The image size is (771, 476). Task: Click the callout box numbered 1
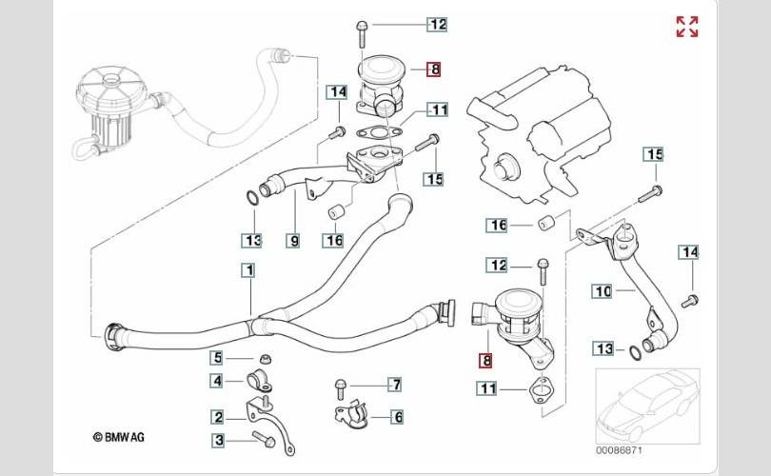click(249, 270)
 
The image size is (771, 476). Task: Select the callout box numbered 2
click(218, 418)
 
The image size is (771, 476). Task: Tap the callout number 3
click(219, 441)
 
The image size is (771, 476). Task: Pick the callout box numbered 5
click(217, 358)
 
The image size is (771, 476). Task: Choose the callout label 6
click(397, 417)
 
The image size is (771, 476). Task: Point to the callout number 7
click(395, 384)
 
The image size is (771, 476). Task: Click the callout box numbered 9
click(293, 241)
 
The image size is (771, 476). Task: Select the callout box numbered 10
click(603, 291)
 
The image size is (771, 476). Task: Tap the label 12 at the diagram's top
click(437, 24)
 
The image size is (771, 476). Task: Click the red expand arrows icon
click(687, 27)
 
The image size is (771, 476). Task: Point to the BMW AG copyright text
click(118, 437)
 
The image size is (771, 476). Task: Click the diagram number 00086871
click(619, 450)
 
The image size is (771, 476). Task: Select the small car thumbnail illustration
click(647, 406)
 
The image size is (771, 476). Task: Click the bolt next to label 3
click(264, 439)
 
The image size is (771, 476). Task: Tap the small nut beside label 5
click(266, 358)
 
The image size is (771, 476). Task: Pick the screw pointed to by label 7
click(340, 389)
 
